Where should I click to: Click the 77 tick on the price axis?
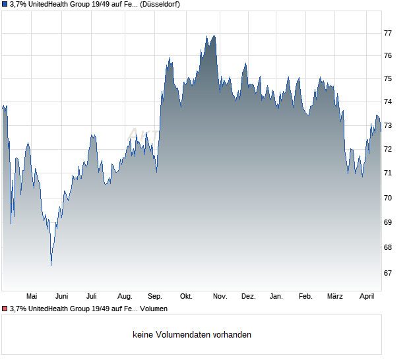388,33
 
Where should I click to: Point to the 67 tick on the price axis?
388,273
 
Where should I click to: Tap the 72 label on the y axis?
388,150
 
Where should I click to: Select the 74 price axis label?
388,102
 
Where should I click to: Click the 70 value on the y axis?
388,198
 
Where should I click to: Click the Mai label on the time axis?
31,297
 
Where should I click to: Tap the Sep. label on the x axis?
155,297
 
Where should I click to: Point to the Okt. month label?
186,297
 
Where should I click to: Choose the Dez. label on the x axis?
248,297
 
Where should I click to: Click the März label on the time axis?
336,297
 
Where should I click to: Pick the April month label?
367,297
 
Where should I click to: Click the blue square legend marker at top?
5,4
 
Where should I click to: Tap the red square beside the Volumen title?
5,309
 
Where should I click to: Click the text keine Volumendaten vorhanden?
192,335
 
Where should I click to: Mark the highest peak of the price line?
214,36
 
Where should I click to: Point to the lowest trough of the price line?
51,265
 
